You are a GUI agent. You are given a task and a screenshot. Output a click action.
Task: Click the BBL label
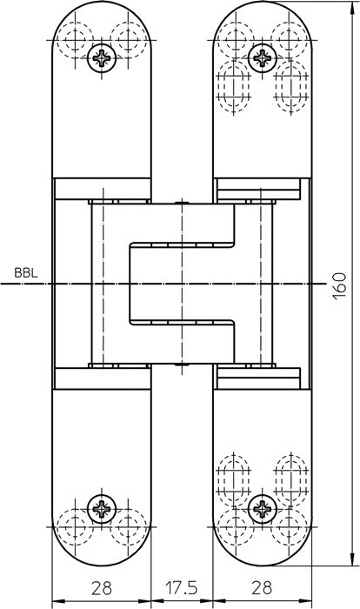pyautogui.click(x=26, y=272)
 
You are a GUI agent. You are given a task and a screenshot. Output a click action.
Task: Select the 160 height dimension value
pyautogui.click(x=340, y=285)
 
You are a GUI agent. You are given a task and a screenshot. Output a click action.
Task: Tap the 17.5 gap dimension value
pyautogui.click(x=182, y=588)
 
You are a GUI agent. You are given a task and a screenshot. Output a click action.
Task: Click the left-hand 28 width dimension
pyautogui.click(x=102, y=588)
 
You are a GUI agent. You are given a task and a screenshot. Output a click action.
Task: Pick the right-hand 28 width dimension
pyautogui.click(x=262, y=588)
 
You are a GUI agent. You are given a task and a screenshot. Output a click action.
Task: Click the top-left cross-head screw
pyautogui.click(x=102, y=58)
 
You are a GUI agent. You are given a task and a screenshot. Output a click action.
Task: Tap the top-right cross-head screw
pyautogui.click(x=262, y=58)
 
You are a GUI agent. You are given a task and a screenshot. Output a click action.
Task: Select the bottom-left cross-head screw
pyautogui.click(x=102, y=509)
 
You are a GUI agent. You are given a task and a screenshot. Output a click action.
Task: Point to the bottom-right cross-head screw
pyautogui.click(x=262, y=509)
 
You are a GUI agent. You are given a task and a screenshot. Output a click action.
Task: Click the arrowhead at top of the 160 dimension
pyautogui.click(x=353, y=8)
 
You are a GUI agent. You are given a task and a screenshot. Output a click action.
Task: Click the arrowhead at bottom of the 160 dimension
pyautogui.click(x=353, y=559)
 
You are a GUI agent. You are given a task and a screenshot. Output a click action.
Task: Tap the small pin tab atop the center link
pyautogui.click(x=182, y=202)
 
